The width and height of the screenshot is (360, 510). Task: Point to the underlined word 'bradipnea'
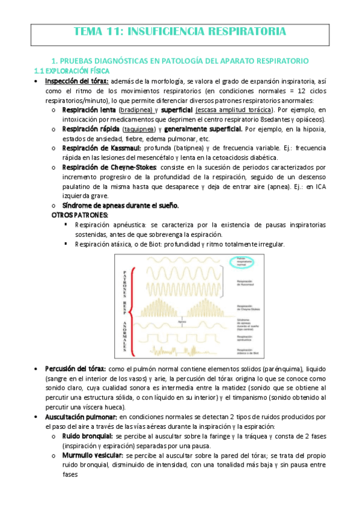coord(136,111)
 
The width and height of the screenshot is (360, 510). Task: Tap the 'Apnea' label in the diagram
coord(181,322)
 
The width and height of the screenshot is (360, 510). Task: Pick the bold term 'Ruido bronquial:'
coord(88,436)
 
